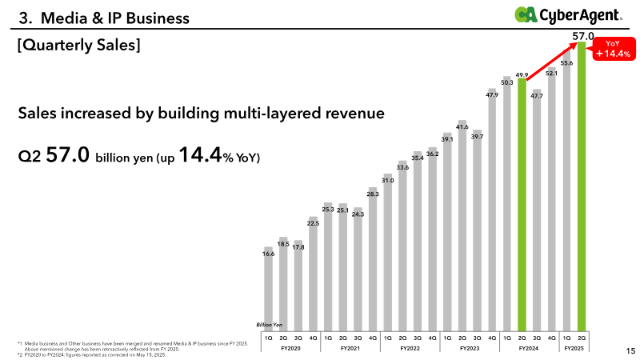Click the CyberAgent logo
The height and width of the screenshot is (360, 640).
[568, 15]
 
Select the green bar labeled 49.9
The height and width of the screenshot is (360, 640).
[522, 205]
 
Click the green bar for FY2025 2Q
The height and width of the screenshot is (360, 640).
[582, 186]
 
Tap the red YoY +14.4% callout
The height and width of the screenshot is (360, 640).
[613, 49]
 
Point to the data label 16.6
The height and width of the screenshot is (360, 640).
[268, 254]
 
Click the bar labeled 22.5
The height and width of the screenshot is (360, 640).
[313, 274]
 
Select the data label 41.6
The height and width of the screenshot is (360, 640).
[462, 127]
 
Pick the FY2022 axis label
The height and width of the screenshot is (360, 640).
[410, 348]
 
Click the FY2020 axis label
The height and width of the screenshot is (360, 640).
[290, 348]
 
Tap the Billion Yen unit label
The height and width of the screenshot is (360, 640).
[269, 325]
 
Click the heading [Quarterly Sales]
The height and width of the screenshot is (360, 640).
[78, 45]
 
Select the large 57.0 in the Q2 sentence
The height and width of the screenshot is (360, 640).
[67, 154]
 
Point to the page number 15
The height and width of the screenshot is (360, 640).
[630, 350]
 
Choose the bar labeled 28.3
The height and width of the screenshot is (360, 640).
[373, 259]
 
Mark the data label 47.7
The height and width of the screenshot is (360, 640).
[537, 96]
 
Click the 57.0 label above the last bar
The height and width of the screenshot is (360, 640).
[583, 36]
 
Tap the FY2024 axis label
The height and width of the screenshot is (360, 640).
[529, 348]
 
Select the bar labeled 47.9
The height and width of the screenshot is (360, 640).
[492, 210]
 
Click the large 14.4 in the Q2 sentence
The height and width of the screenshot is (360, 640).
[201, 154]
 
